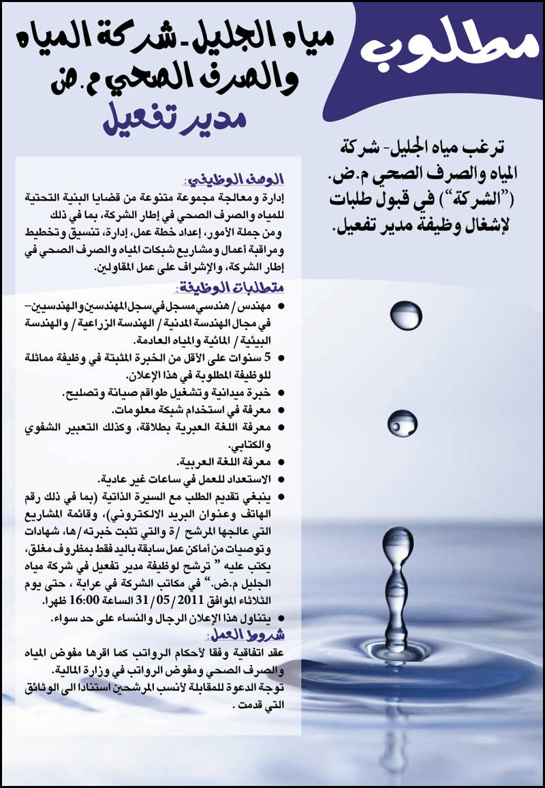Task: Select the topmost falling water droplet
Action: click(406, 316)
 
